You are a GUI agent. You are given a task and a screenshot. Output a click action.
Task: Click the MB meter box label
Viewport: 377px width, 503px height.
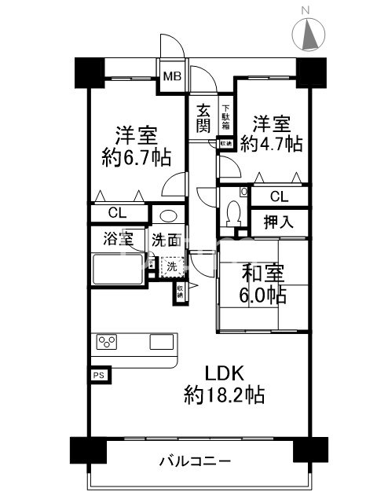[171, 77]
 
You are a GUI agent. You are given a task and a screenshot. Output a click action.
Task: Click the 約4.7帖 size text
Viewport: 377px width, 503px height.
[271, 143]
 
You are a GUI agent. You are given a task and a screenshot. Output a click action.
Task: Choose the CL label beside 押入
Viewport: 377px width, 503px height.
[279, 197]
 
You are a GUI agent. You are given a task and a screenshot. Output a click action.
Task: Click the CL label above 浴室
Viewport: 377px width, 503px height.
[116, 212]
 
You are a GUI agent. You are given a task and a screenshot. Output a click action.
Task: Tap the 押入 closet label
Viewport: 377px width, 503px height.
[279, 222]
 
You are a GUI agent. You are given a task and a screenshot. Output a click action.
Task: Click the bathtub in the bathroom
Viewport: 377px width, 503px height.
[117, 270]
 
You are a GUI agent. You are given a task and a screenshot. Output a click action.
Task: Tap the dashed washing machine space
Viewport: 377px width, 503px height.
[170, 266]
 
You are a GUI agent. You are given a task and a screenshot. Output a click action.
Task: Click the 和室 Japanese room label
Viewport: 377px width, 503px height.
[262, 274]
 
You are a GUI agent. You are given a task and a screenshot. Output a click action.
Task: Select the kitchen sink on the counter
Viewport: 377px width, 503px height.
[162, 342]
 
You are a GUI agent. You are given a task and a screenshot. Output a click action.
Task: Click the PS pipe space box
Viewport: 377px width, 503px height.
[99, 376]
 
